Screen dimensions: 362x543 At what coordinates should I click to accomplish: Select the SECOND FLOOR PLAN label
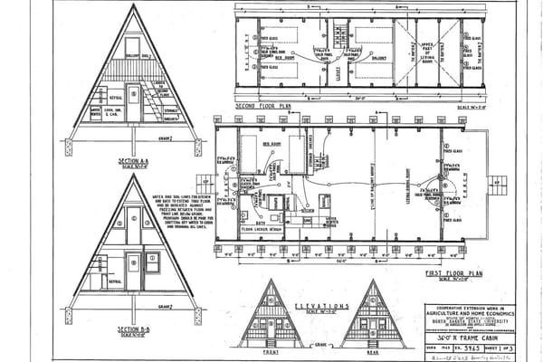(x=263, y=105)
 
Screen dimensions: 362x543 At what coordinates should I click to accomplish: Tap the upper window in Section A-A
(x=133, y=46)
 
